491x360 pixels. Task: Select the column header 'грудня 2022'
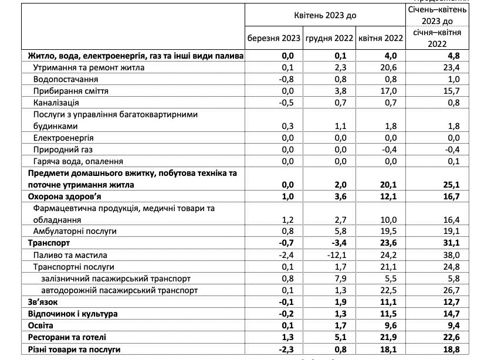329,39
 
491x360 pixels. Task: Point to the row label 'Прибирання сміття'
71,91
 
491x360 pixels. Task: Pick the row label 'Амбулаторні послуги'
75,231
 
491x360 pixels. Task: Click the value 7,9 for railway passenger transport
342,278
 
